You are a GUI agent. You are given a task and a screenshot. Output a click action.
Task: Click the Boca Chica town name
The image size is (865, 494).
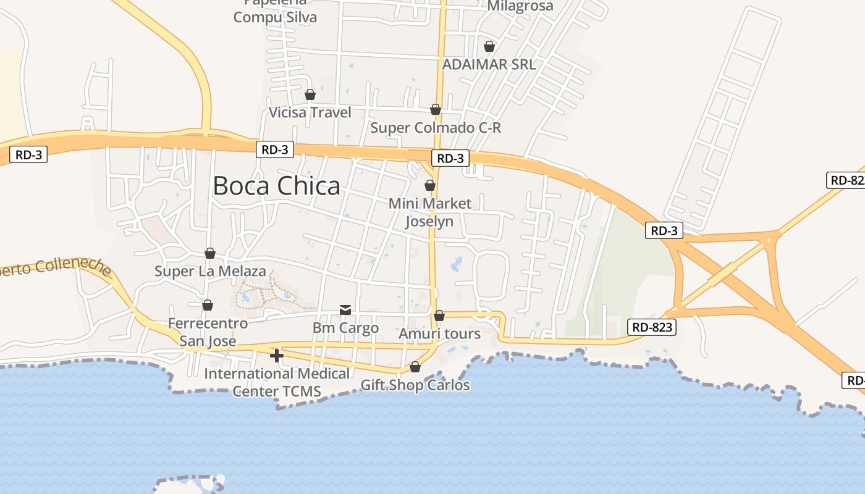coord(276,186)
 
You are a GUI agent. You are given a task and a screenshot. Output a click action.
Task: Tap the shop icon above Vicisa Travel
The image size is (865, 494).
coord(310,94)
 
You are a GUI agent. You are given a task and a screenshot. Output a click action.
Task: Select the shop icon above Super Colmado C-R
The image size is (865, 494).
coord(436,109)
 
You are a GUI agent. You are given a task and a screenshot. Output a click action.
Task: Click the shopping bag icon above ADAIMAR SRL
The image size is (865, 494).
coord(489,46)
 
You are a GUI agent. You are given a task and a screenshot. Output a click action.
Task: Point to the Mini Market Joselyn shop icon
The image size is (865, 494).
coord(430,185)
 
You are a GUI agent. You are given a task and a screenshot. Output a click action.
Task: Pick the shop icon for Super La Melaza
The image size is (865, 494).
coord(210,253)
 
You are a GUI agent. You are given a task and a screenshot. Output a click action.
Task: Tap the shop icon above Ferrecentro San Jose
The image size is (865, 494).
coord(208,305)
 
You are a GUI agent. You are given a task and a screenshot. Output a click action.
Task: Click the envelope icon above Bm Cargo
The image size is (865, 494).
coord(345,310)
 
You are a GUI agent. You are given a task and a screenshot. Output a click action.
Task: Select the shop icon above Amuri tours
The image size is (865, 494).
coord(439,316)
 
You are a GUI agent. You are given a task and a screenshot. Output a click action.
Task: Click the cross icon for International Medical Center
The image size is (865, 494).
coord(277,355)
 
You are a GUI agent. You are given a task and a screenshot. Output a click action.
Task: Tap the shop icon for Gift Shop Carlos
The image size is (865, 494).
coord(415,367)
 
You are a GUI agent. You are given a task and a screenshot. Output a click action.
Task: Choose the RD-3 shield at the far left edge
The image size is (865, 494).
coord(28,154)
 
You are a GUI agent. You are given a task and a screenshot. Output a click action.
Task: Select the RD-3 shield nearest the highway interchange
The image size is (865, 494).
coord(665,231)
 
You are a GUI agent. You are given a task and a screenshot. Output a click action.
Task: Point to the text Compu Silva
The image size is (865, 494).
coord(275,17)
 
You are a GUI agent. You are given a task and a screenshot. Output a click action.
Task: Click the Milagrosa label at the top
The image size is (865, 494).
coord(520,6)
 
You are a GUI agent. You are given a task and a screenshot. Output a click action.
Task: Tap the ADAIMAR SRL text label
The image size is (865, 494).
coord(489,64)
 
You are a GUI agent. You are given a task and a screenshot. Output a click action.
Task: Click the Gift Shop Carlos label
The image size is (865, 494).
coord(415,385)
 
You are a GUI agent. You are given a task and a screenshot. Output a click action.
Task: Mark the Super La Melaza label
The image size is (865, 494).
coord(210,271)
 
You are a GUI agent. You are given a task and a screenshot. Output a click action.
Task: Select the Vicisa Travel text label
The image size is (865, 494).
coord(310,112)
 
